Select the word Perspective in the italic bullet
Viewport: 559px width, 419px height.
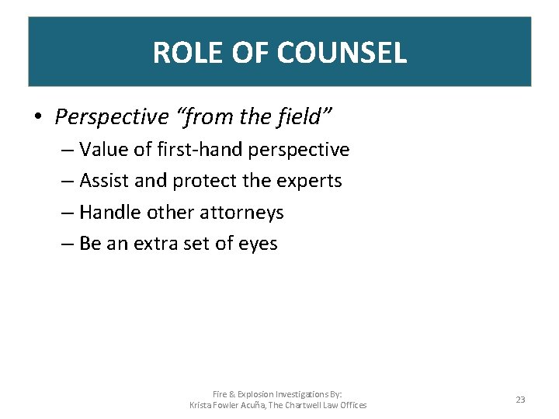click(x=112, y=117)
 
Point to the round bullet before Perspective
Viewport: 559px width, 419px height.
click(x=37, y=118)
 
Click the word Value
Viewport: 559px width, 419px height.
click(x=103, y=149)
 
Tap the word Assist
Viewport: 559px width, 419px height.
click(x=104, y=181)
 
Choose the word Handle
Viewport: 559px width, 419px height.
click(x=109, y=212)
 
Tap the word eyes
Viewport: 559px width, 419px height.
click(x=258, y=244)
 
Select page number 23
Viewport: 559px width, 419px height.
click(x=520, y=400)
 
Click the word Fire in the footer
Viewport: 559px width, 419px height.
click(x=220, y=394)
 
